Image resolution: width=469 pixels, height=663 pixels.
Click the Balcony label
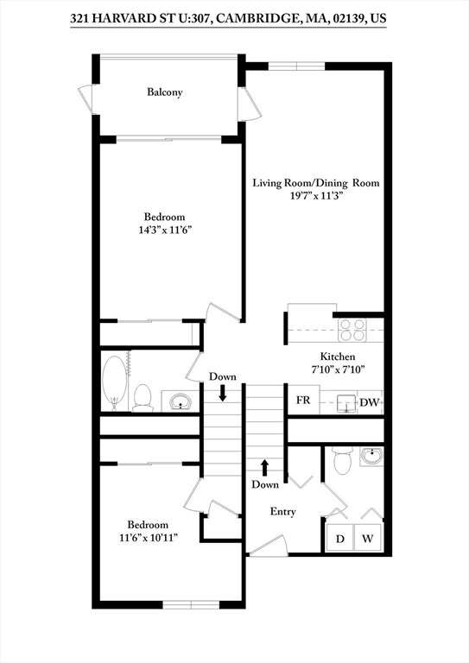point(164,92)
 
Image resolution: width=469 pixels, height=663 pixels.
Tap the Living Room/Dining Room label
point(315,183)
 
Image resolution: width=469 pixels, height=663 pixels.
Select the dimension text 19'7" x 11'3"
point(316,196)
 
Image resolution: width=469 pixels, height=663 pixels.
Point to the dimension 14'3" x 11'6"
point(164,230)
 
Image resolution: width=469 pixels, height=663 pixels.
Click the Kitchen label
point(338,357)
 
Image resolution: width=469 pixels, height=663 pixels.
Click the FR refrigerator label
point(303,401)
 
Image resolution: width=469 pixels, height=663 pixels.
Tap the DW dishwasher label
point(369,402)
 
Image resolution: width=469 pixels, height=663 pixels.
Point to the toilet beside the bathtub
point(143,396)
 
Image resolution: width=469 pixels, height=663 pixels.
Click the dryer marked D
point(339,539)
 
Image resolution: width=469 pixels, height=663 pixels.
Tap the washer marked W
point(367,539)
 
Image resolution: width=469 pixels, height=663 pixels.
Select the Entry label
point(283,512)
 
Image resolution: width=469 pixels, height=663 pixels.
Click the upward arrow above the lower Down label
point(265,467)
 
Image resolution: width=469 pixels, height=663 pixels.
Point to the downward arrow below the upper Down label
point(223,394)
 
